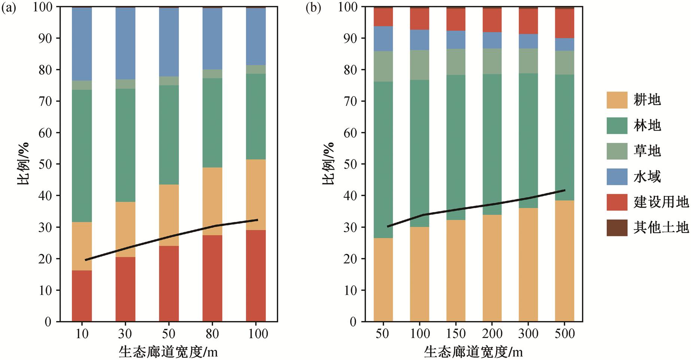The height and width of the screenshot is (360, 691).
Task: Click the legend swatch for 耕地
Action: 617,100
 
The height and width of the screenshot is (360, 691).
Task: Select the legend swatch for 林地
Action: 617,125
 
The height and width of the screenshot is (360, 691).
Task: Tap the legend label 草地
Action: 647,151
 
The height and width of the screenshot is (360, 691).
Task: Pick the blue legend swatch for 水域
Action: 617,177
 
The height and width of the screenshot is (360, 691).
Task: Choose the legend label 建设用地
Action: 661,202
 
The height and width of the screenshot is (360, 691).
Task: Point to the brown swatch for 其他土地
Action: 617,228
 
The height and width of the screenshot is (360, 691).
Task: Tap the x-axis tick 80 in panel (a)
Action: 212,333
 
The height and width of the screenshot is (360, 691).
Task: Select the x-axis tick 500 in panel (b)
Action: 564,333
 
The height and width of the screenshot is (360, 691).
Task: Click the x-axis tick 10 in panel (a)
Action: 82,333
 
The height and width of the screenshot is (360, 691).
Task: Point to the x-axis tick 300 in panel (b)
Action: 528,333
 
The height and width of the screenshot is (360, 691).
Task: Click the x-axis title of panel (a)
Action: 168,352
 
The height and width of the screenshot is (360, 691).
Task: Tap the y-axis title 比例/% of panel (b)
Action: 328,164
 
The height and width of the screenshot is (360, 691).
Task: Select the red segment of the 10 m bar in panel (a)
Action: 82,296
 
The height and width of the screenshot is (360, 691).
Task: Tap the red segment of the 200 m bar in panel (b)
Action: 492,20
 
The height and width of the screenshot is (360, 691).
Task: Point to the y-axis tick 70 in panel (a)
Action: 47,101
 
